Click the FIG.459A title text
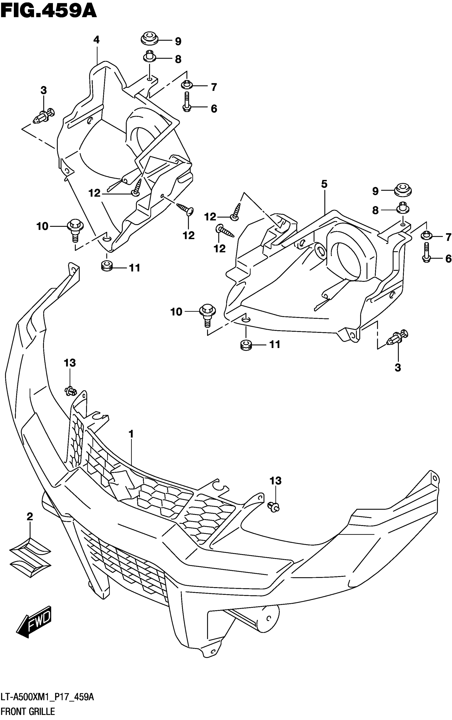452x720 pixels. pyautogui.click(x=48, y=11)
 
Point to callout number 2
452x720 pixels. pyautogui.click(x=30, y=516)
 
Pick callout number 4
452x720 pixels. pyautogui.click(x=96, y=40)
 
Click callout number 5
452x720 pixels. pyautogui.click(x=324, y=184)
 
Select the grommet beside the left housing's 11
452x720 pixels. pyautogui.click(x=107, y=266)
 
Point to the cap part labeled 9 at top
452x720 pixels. pyautogui.click(x=149, y=38)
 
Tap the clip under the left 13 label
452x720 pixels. pyautogui.click(x=70, y=390)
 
